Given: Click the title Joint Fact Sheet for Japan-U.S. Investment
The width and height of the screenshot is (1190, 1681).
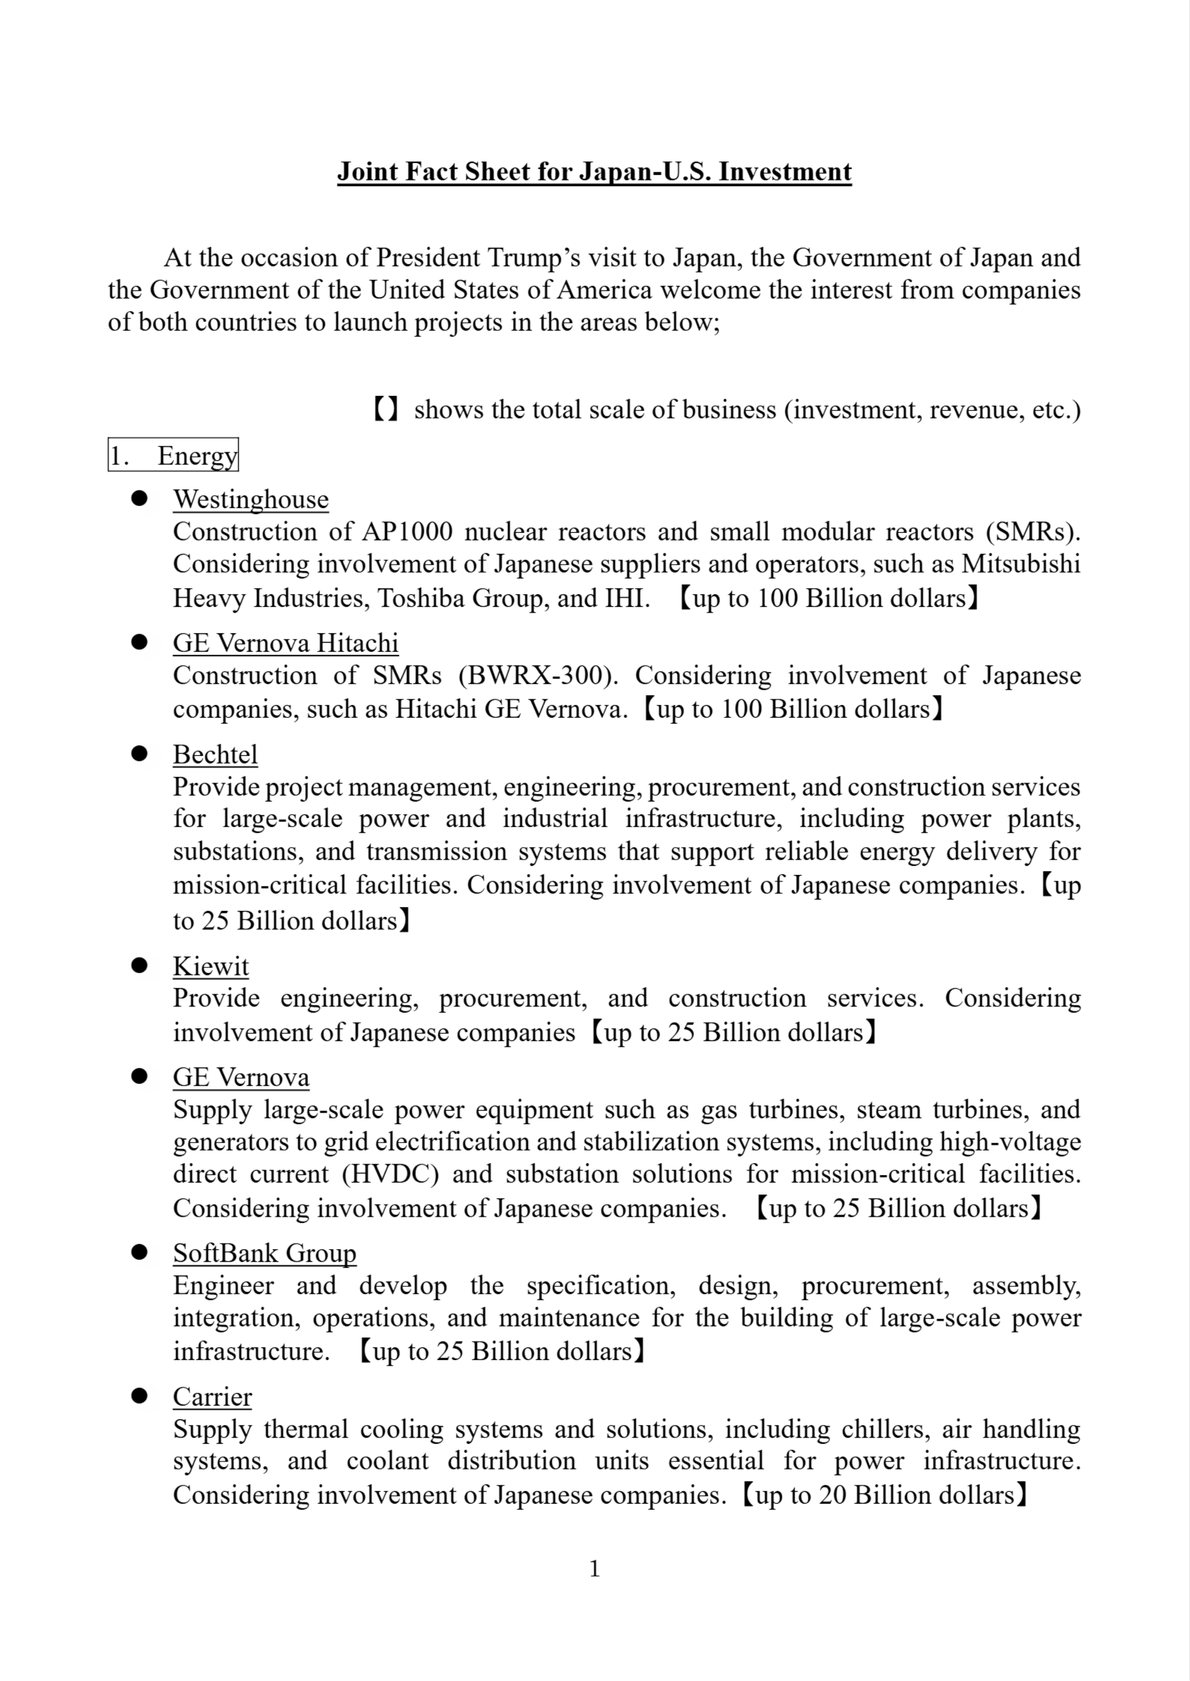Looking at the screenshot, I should [594, 171].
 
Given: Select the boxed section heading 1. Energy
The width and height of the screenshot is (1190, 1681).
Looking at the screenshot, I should [173, 455].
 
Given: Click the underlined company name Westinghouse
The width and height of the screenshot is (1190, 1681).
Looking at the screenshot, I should [251, 499].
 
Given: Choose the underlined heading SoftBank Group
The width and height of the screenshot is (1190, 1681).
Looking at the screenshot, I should [264, 1253].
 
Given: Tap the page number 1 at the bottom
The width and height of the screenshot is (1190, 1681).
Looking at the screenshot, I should [594, 1568].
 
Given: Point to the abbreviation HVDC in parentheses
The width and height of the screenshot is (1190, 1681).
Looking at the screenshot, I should [390, 1174].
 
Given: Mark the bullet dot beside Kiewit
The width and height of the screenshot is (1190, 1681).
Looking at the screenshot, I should [139, 966].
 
